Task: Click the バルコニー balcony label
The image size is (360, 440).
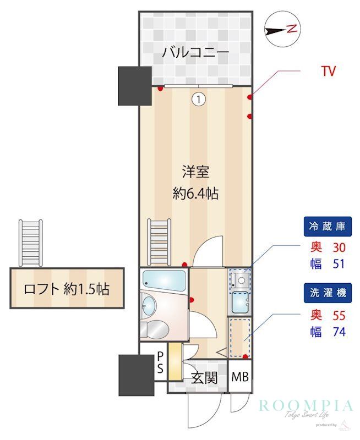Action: pos(195,53)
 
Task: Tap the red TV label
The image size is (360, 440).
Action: pos(328,71)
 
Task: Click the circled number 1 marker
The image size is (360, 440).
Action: pos(198,99)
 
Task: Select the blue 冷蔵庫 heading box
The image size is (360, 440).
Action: pos(326,226)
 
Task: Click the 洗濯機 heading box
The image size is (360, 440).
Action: pos(326,294)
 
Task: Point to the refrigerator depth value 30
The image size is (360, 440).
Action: pos(339,247)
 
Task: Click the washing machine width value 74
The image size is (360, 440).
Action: pos(339,332)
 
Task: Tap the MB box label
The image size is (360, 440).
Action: pos(240,378)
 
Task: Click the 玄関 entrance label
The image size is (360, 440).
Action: pos(204,378)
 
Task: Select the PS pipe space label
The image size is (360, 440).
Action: pos(160,363)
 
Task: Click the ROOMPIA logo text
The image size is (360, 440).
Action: pos(306,406)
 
